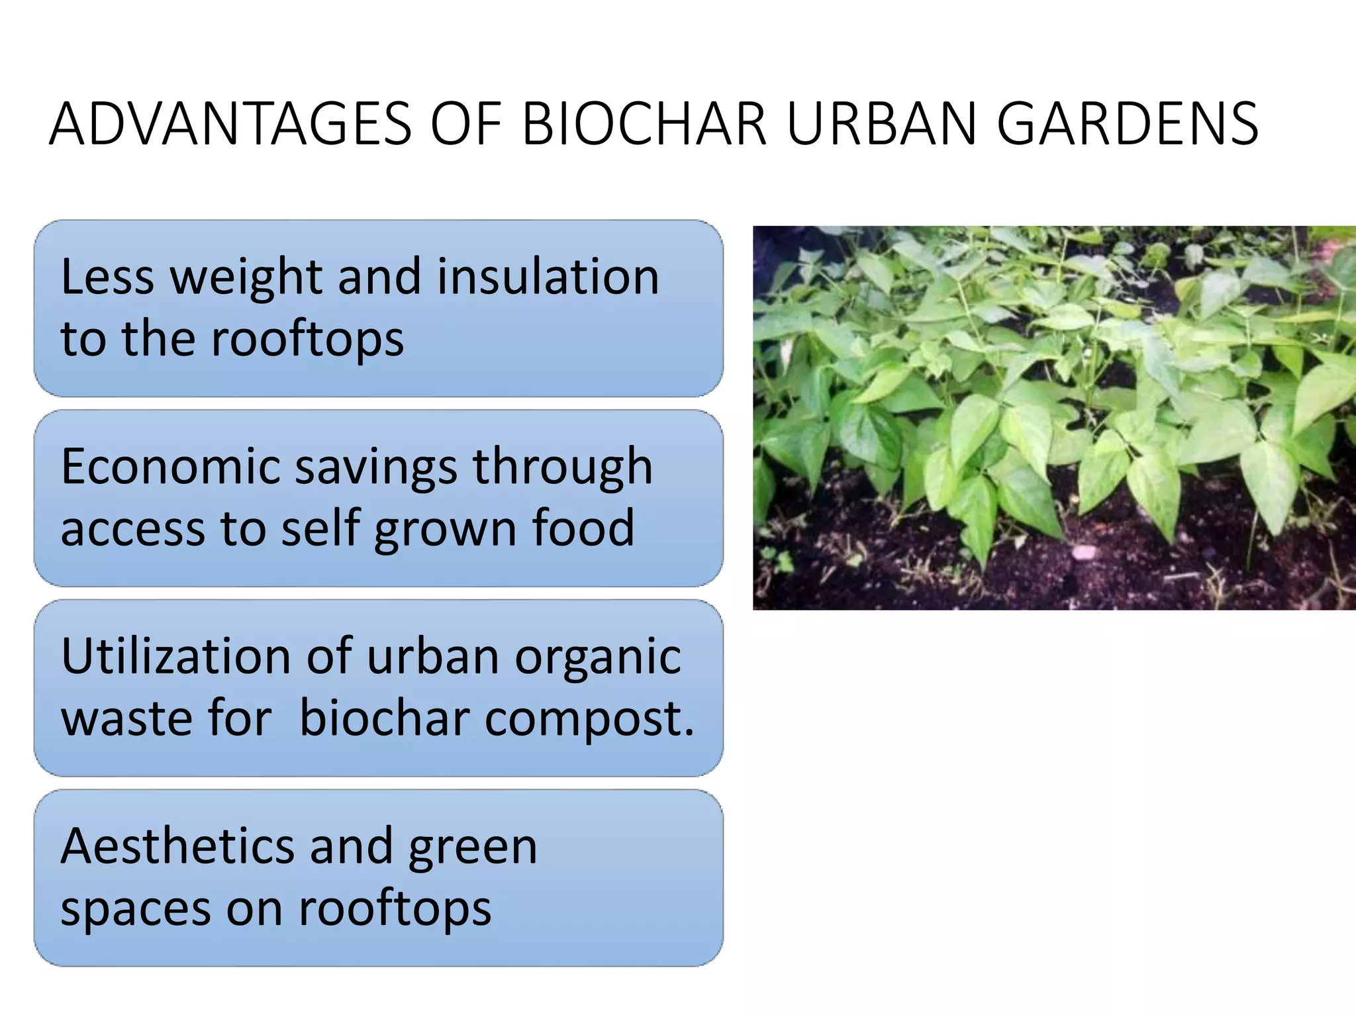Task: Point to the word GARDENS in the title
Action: point(1127,124)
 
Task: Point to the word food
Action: point(583,528)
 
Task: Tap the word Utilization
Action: point(176,656)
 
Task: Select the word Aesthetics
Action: point(177,846)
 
